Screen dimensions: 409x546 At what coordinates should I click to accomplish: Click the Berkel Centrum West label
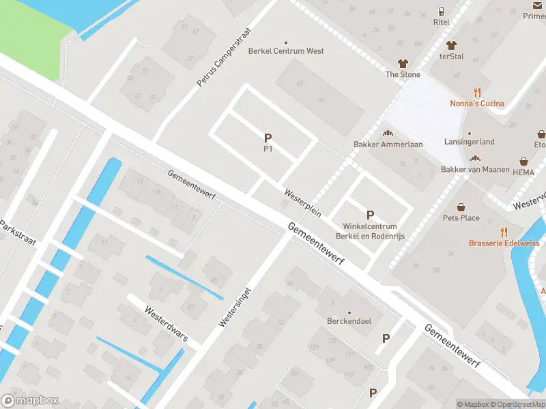click(286, 51)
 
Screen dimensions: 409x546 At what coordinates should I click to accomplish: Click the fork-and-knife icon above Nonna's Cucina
click(477, 93)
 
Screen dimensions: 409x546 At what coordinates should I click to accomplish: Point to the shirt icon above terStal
click(450, 45)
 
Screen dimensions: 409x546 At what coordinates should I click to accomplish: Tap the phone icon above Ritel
click(442, 12)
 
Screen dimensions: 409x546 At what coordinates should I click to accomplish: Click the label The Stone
click(403, 74)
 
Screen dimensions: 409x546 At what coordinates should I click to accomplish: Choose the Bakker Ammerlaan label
click(388, 145)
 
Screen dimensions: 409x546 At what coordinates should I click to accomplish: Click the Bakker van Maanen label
click(476, 169)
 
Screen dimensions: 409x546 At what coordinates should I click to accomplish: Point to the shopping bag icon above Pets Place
click(461, 207)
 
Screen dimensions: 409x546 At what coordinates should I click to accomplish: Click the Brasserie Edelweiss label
click(504, 243)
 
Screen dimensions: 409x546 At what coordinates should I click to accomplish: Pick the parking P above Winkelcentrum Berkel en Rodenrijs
click(371, 215)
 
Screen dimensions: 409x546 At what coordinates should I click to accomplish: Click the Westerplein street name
click(303, 202)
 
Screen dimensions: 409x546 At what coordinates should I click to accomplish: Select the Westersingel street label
click(233, 304)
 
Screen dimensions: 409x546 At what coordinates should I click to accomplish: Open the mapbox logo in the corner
click(30, 401)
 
